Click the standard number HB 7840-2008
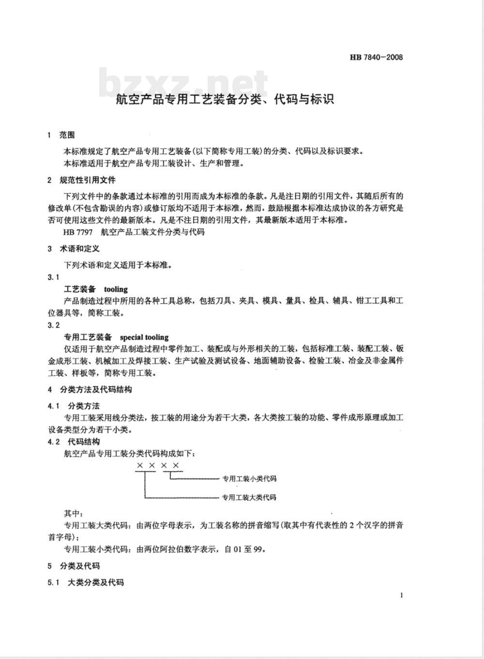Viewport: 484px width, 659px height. (x=376, y=58)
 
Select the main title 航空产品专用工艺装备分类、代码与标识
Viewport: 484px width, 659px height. (x=225, y=100)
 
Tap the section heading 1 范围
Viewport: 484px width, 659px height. (x=61, y=135)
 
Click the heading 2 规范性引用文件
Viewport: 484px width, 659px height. (x=82, y=180)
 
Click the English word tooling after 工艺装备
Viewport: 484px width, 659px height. (x=116, y=289)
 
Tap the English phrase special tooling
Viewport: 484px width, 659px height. (x=144, y=337)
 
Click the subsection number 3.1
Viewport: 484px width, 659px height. (x=54, y=277)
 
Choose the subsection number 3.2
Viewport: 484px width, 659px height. (x=54, y=325)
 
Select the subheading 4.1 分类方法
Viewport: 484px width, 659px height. (x=74, y=406)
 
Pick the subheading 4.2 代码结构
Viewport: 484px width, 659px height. (x=74, y=441)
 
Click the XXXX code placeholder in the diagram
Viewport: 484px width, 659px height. (x=158, y=466)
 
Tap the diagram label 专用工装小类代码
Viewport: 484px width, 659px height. (x=249, y=479)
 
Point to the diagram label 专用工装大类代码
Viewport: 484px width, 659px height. (x=249, y=497)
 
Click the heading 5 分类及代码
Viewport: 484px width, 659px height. (x=74, y=566)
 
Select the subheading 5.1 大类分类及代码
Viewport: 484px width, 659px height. (x=86, y=582)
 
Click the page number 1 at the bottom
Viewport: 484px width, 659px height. (x=401, y=595)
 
